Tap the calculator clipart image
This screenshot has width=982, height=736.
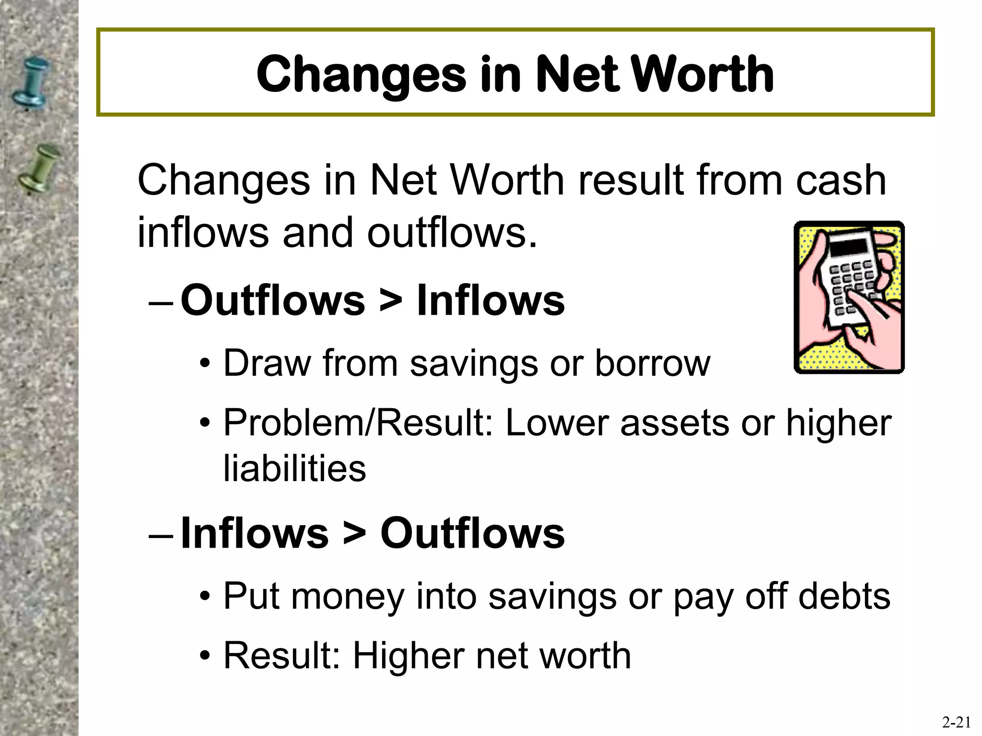(849, 297)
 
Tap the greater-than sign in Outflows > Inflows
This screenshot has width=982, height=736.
(390, 301)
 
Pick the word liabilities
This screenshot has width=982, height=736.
(294, 468)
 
